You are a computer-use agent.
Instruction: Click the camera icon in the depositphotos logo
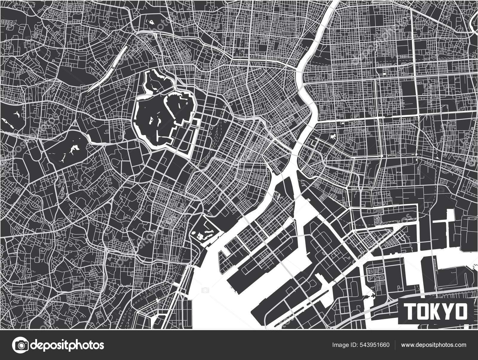pyautogui.click(x=21, y=345)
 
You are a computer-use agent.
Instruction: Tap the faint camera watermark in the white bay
pyautogui.click(x=205, y=290)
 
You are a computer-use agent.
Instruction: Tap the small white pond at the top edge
pyautogui.click(x=151, y=21)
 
